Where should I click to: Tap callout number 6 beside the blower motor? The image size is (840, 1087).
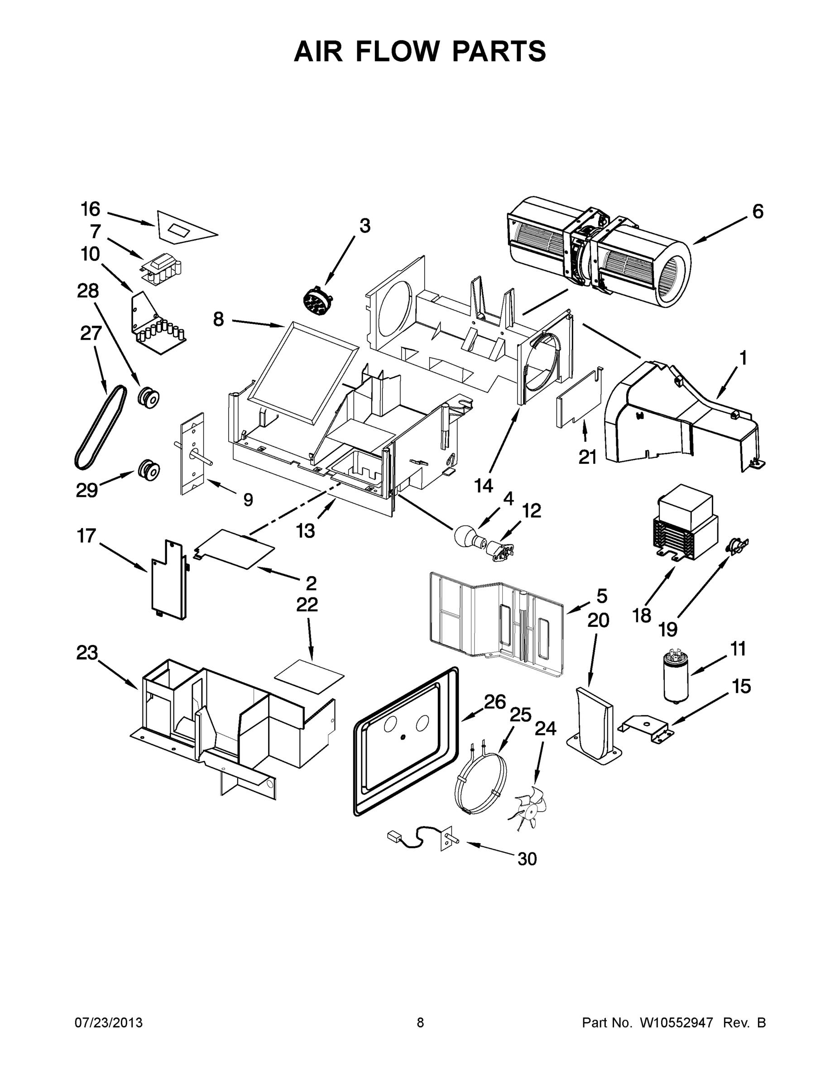[x=758, y=212]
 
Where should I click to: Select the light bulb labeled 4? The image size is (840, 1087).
[x=464, y=537]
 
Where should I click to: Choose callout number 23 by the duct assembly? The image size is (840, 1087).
[x=86, y=653]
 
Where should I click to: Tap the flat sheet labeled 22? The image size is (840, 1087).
[x=309, y=677]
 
